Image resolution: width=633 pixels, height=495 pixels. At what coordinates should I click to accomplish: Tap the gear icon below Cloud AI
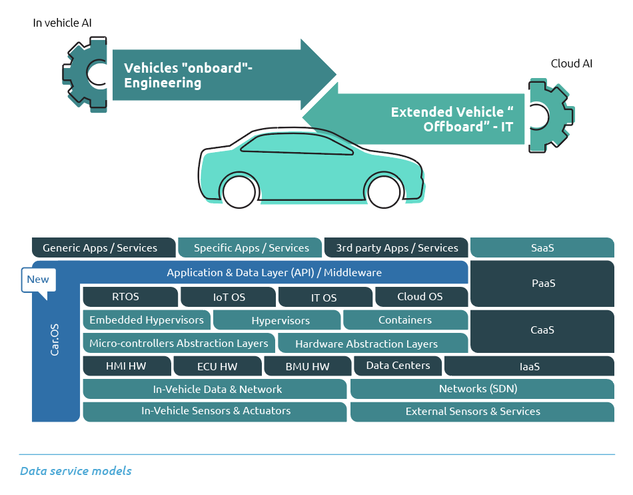(548, 115)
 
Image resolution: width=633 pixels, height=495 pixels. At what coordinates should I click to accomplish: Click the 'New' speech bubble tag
(38, 280)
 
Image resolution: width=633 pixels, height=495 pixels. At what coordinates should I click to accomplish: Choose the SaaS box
(542, 247)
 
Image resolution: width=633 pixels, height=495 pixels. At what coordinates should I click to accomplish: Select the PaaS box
(542, 283)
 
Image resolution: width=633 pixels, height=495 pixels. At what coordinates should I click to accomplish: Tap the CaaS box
(542, 330)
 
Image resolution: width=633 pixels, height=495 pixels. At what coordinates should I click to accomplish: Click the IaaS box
(529, 366)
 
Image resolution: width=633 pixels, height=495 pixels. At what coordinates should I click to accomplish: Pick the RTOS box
(130, 297)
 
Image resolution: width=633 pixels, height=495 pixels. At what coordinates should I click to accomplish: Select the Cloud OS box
(420, 297)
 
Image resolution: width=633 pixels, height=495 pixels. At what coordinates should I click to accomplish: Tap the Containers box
(405, 320)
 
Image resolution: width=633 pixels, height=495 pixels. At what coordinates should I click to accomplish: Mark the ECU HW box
(217, 366)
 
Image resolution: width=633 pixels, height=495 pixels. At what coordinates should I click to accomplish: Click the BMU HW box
(307, 366)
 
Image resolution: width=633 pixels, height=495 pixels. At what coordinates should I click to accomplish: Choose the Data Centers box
(398, 366)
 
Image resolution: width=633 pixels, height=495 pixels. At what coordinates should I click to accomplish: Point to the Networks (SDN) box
(481, 389)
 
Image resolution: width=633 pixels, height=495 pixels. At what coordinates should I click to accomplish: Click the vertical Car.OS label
(55, 340)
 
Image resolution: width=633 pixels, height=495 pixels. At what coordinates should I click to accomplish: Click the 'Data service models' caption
(76, 471)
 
